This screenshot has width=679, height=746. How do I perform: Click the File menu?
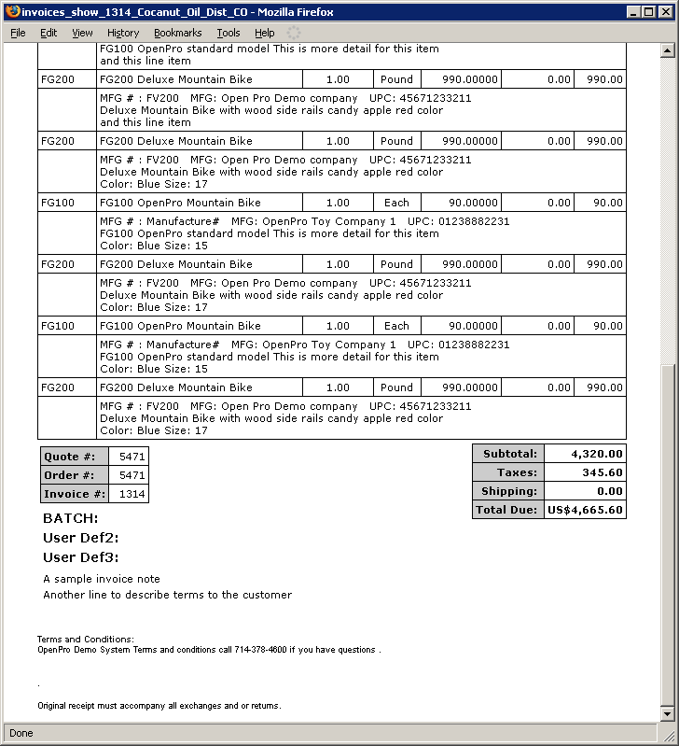pos(18,33)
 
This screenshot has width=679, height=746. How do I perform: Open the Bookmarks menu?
pos(177,33)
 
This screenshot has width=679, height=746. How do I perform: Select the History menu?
pos(123,33)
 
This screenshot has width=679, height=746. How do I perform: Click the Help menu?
pos(265,33)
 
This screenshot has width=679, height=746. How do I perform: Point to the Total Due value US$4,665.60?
pos(585,510)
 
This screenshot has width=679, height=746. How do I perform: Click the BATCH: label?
pos(70,518)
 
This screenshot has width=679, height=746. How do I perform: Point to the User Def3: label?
pos(80,557)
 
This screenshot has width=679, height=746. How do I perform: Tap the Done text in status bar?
pos(21,733)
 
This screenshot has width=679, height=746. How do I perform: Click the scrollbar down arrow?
pos(666,714)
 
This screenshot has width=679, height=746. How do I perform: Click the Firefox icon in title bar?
pos(11,12)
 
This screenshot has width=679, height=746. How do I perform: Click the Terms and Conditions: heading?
pos(86,640)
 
